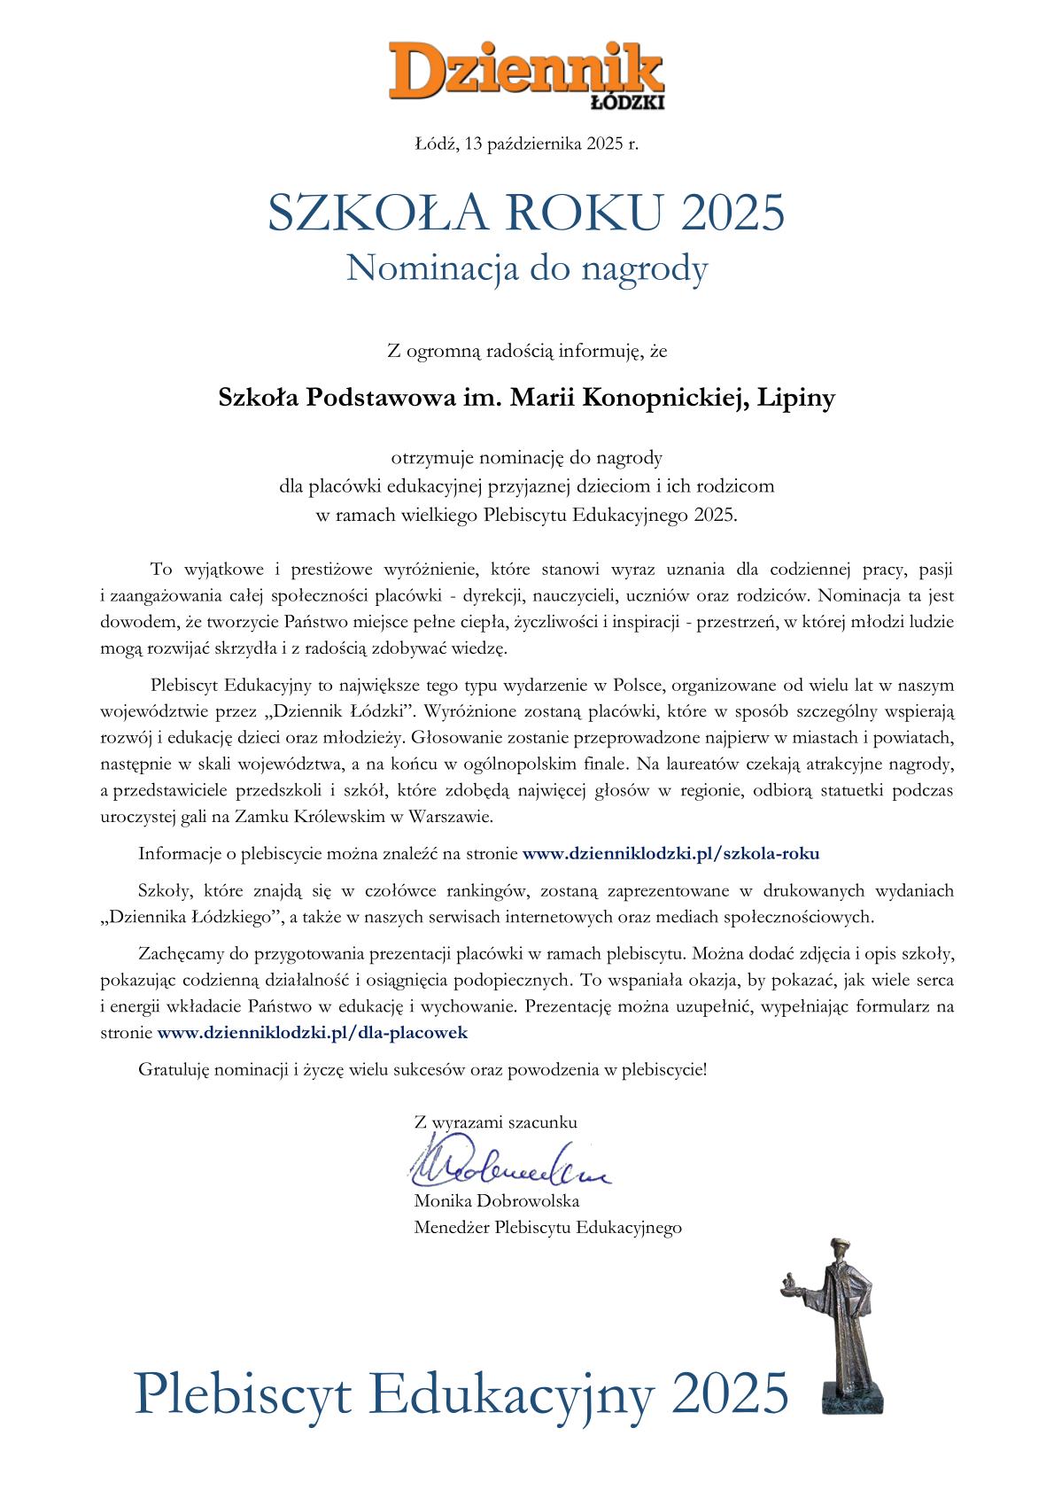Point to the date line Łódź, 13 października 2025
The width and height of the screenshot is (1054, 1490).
tap(526, 143)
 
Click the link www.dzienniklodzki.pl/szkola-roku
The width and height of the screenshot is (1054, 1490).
tap(670, 854)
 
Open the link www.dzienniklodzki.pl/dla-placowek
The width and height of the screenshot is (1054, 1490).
tap(312, 1032)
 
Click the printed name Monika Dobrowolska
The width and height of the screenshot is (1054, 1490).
tap(496, 1201)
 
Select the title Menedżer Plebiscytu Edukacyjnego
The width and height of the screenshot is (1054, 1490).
tap(547, 1227)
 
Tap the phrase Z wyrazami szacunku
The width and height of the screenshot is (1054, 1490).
tap(495, 1121)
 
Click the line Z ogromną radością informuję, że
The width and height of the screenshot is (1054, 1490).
tap(526, 352)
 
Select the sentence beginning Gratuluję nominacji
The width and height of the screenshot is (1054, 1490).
tap(422, 1069)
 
